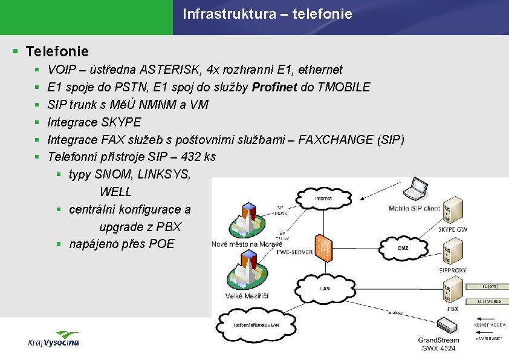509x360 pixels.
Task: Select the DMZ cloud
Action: coord(403,247)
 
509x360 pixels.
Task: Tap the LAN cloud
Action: coord(325,288)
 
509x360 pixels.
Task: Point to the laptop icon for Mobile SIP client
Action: coord(417,189)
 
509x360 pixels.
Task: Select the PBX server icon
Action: coord(452,291)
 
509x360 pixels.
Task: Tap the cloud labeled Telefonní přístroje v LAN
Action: coord(257,325)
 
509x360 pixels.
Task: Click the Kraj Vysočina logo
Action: coord(54,339)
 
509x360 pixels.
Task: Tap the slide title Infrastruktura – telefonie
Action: coord(267,13)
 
